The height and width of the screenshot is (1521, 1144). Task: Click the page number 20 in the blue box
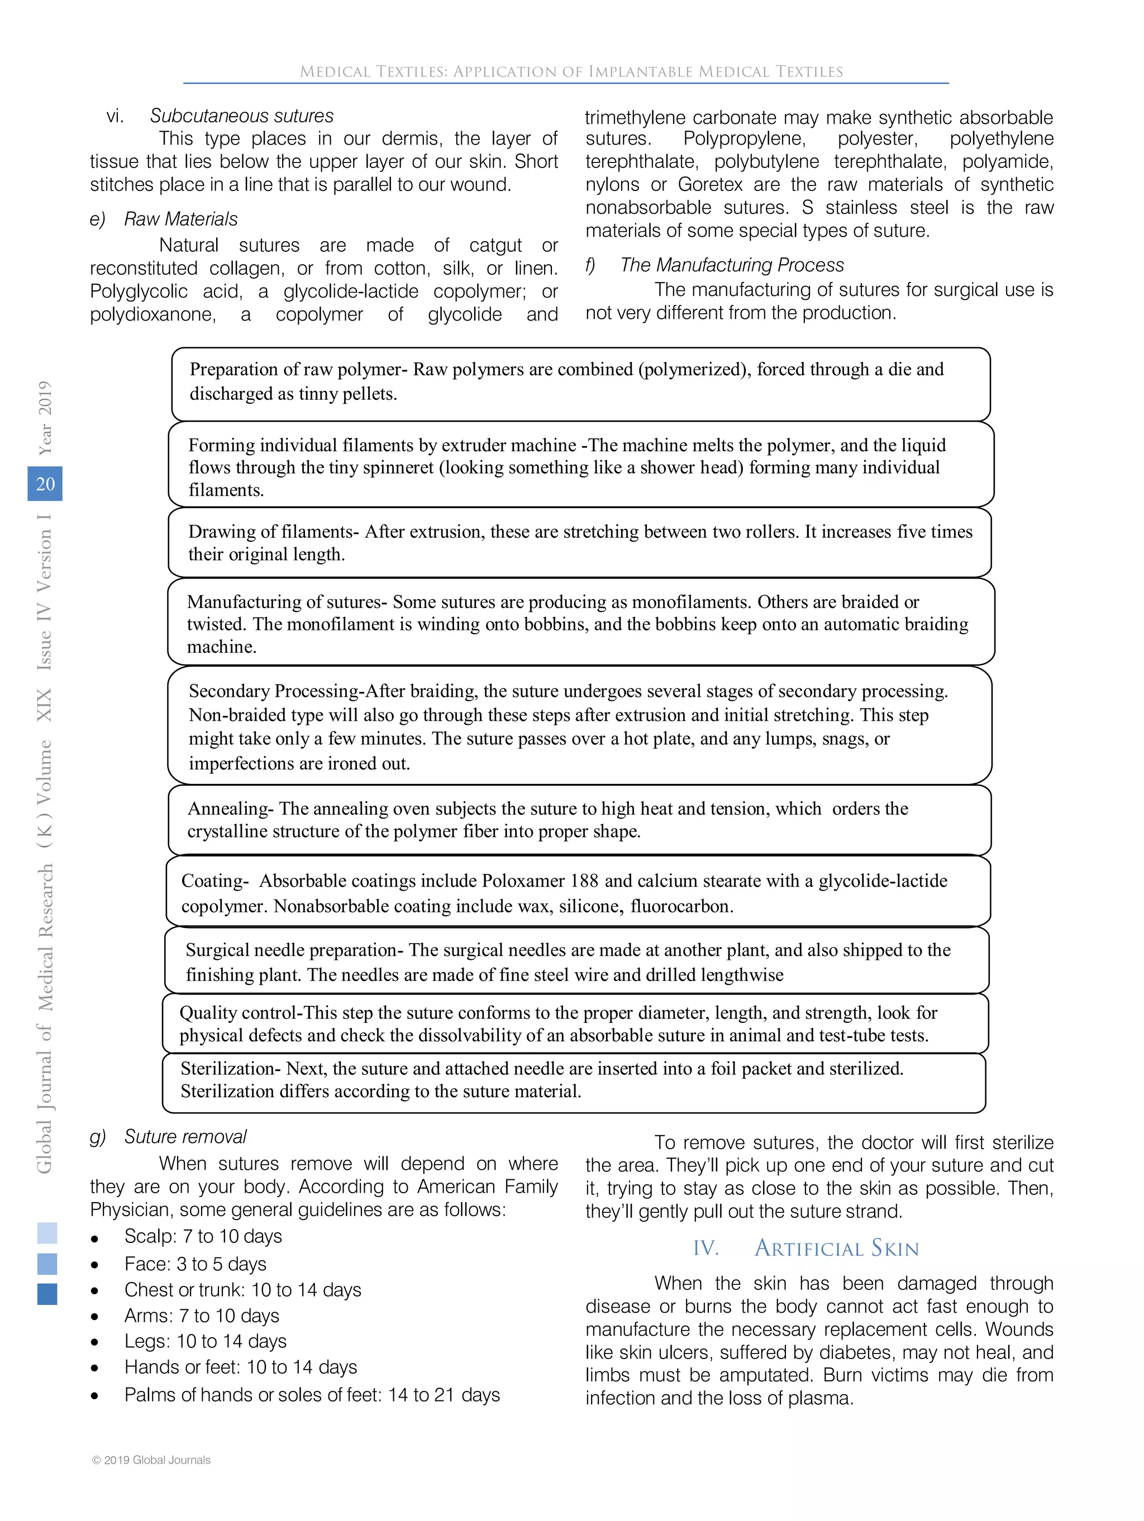pyautogui.click(x=45, y=484)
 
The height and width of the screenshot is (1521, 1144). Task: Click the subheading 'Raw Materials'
pyautogui.click(x=180, y=219)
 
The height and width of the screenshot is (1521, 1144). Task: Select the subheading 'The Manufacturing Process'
pyautogui.click(x=731, y=265)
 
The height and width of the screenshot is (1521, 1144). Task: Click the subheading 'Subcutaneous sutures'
pyautogui.click(x=241, y=116)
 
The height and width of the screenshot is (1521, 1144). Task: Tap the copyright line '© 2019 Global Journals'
pyautogui.click(x=151, y=1460)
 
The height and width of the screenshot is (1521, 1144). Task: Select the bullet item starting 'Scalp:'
pyautogui.click(x=203, y=1236)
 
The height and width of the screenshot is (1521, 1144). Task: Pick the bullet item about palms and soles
pyautogui.click(x=312, y=1394)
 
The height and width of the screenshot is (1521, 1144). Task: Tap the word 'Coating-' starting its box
pyautogui.click(x=214, y=881)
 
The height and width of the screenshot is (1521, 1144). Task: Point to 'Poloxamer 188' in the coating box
pyautogui.click(x=540, y=881)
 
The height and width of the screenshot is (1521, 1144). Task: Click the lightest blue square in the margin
pyautogui.click(x=47, y=1233)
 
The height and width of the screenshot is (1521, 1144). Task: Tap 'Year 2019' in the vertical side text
pyautogui.click(x=45, y=417)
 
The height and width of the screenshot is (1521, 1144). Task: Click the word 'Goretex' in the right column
pyautogui.click(x=710, y=185)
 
